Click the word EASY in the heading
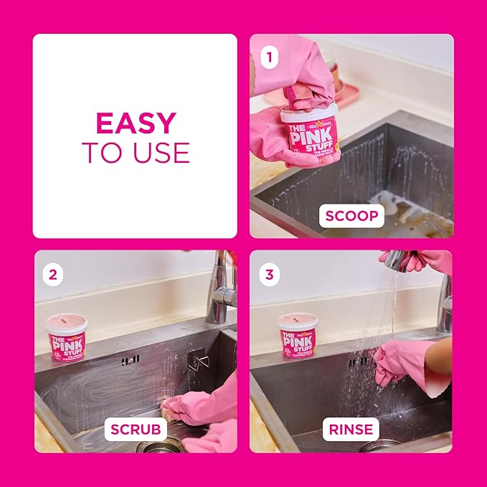point(135,123)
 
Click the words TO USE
point(135,152)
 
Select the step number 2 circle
point(53,273)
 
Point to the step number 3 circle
point(269,274)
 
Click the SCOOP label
point(351,215)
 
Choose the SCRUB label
point(136,430)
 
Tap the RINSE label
point(351,430)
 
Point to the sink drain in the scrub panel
point(153,447)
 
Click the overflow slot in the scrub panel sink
point(130,360)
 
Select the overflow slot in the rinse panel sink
point(356,362)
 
